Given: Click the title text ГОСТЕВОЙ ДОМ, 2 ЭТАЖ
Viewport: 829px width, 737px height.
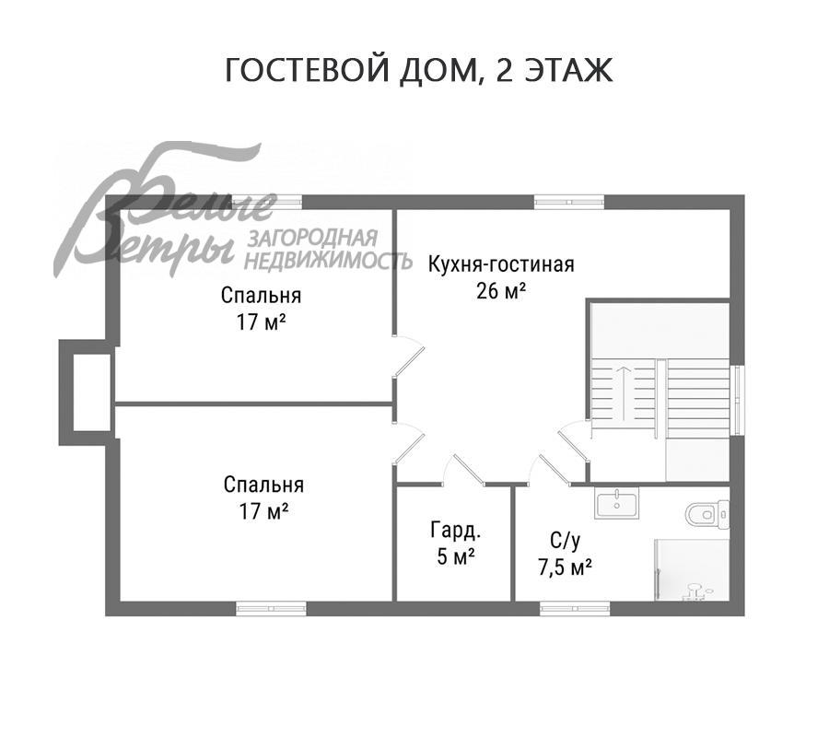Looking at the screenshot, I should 419,71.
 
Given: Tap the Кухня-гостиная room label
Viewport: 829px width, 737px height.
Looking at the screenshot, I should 500,265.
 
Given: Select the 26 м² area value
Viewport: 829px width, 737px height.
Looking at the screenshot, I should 501,292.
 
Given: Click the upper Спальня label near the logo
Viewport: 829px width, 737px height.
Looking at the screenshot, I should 261,296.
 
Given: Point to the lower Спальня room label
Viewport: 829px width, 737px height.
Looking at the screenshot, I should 263,485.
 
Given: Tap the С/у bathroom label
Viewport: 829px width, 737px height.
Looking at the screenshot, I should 564,540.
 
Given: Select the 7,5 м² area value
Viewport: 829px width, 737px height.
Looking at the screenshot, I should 564,566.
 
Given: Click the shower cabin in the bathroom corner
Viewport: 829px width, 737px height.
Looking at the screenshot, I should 692,570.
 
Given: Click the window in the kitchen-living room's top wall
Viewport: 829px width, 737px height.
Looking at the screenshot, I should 569,200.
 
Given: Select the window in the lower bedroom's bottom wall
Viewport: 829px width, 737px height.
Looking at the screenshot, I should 271,608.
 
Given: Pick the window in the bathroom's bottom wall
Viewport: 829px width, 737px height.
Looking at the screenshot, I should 574,608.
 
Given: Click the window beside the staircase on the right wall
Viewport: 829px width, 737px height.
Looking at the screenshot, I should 736,392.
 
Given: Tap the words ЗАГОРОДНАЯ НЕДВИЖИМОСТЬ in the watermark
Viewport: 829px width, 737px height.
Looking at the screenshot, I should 327,249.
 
